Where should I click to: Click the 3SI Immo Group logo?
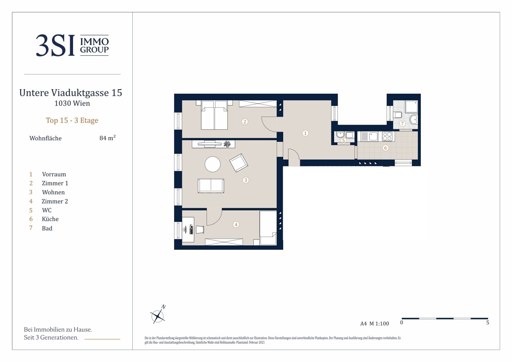pos(72,45)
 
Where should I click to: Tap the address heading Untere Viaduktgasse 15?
pos(71,93)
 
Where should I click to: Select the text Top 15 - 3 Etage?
pos(72,120)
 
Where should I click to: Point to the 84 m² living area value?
pos(108,138)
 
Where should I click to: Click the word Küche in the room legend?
pos(50,219)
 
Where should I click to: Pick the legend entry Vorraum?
pos(54,174)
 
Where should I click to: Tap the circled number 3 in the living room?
pos(246,180)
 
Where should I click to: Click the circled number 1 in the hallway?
pos(305,133)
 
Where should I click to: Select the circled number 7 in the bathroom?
pos(402,123)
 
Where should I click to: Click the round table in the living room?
pos(212,164)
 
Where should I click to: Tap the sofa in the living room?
pos(211,186)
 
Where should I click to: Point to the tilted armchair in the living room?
pos(239,163)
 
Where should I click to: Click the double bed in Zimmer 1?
pos(214,115)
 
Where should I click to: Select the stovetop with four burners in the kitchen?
pos(387,136)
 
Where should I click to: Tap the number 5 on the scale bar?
pos(488,322)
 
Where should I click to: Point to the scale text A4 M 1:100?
pos(374,323)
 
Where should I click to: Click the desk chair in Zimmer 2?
pos(200,230)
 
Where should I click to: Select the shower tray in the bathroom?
pos(411,107)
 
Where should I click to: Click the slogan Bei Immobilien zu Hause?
pos(58,329)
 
